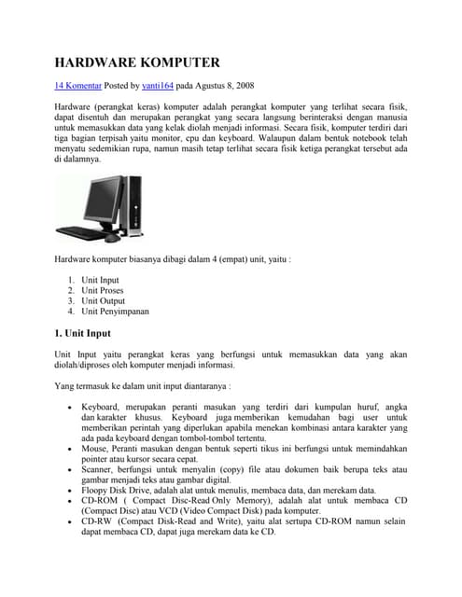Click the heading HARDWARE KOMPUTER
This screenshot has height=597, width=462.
(137, 62)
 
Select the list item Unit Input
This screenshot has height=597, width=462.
(100, 279)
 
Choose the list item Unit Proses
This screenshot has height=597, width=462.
(102, 290)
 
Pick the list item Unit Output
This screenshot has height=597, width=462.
(103, 300)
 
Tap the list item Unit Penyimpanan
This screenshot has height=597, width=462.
(115, 312)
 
